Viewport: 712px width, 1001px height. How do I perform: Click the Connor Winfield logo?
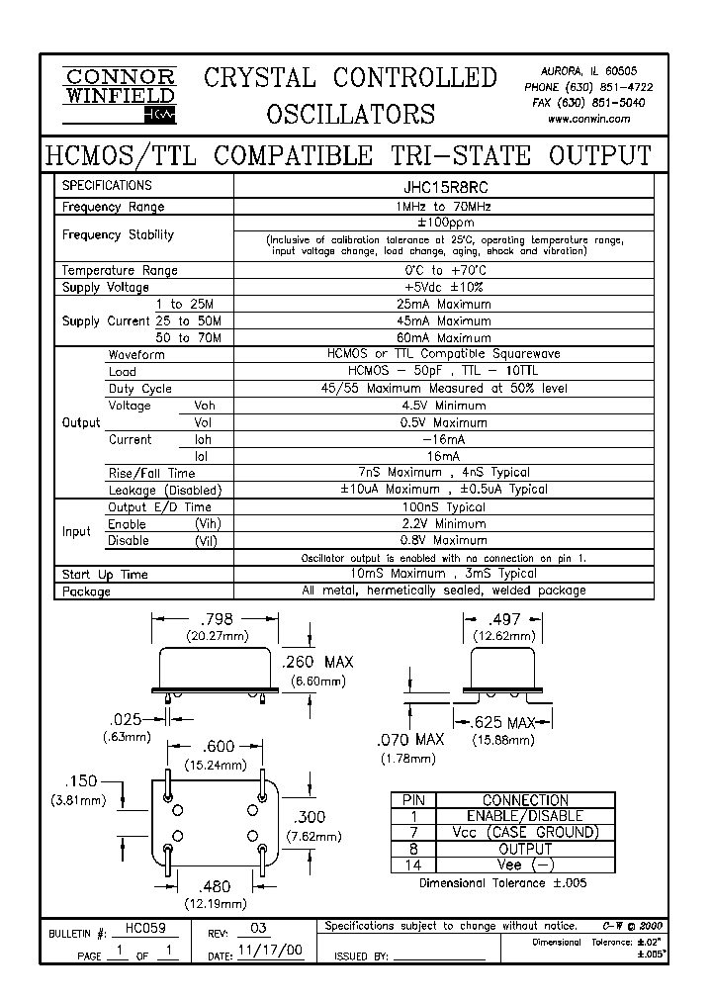coord(119,94)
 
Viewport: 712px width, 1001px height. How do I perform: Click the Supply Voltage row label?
coord(106,288)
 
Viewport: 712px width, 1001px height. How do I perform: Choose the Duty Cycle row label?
coord(139,389)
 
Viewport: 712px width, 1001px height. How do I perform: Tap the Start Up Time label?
coord(105,575)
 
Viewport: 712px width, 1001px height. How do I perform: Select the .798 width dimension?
coord(219,619)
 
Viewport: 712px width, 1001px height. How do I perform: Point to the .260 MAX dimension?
coord(317,662)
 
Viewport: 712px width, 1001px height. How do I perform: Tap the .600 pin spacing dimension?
coord(219,749)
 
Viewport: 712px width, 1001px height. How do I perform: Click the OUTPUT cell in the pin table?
coord(525,849)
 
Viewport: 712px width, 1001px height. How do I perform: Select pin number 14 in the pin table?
coord(413,864)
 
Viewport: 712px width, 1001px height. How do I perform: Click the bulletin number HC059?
coord(139,929)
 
